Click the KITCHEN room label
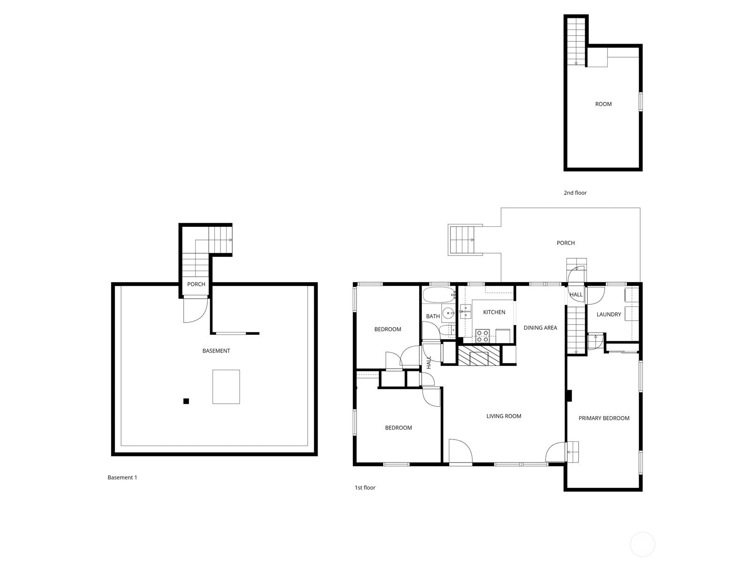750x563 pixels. [494, 312]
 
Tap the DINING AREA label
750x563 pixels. [540, 328]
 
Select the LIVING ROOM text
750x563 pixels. [504, 416]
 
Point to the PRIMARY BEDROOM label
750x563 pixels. [604, 418]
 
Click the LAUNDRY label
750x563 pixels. [608, 314]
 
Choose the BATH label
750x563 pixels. [432, 316]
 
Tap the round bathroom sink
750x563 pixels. [448, 313]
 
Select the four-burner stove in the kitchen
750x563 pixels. [483, 336]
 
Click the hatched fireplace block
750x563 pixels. [478, 355]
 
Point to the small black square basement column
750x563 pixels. [186, 401]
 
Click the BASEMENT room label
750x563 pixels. [216, 351]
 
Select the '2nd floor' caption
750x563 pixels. [575, 193]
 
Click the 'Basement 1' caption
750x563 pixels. [122, 478]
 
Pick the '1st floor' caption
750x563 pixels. [364, 488]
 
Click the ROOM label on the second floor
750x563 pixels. [603, 104]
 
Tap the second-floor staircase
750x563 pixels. [576, 41]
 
